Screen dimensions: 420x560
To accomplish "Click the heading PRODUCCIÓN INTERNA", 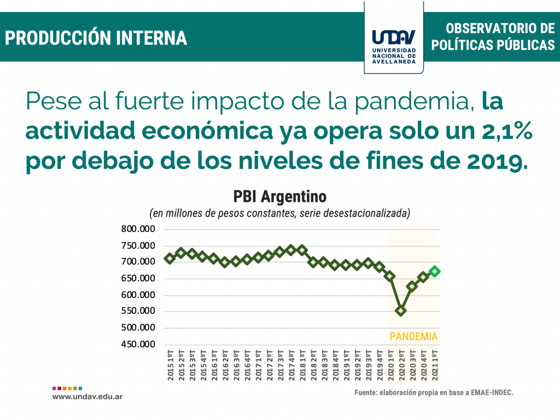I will [96, 38].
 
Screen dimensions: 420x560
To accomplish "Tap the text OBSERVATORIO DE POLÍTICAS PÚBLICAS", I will [493, 37].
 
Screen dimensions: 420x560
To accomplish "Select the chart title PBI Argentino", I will [279, 196].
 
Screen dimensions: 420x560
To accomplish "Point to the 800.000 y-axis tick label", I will [138, 229].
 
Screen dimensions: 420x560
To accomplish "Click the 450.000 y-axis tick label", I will [138, 345].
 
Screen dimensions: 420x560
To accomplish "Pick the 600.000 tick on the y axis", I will [138, 295].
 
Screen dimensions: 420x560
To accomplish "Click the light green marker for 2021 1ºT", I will [435, 271].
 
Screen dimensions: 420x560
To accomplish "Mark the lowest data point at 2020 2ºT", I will [401, 311].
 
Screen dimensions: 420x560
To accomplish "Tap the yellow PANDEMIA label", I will [413, 336].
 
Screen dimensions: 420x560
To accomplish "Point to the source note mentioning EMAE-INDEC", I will [434, 393].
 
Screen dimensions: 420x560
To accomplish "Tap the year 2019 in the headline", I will [494, 161].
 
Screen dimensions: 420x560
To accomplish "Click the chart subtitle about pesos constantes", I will [279, 213].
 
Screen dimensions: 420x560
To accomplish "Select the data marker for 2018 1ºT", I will [302, 250].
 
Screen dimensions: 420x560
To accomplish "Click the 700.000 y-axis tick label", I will [138, 262].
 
